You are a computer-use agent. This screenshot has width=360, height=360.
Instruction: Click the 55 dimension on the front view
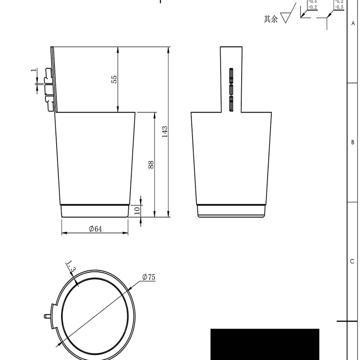[114, 79]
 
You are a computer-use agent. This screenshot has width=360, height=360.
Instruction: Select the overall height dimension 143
[165, 131]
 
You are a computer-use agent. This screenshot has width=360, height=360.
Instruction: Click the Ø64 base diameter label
[95, 229]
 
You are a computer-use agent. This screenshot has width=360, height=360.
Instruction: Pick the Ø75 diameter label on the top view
[148, 277]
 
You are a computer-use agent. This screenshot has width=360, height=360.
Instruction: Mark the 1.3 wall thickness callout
[71, 266]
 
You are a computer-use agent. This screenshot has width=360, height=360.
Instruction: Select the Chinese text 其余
[270, 19]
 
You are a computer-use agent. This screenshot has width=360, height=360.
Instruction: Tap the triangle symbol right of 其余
[285, 18]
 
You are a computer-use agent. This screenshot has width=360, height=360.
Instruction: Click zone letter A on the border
[353, 23]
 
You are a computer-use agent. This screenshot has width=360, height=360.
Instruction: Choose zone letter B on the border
[353, 142]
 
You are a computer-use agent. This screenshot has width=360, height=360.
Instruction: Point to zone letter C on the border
[353, 262]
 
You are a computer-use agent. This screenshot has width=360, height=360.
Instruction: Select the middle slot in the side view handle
[231, 90]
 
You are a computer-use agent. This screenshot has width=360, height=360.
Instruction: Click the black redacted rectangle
[265, 344]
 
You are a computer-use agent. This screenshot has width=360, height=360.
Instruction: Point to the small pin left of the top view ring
[47, 315]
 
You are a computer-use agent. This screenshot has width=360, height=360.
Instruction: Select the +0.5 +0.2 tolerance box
[312, 4]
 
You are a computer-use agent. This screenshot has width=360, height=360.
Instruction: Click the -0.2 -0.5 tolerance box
[338, 4]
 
